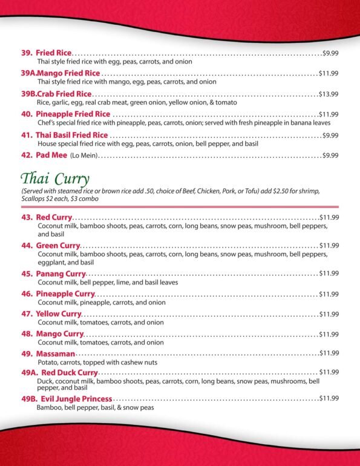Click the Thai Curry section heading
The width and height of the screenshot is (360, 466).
(55, 179)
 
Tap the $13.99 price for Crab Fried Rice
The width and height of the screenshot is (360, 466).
(329, 94)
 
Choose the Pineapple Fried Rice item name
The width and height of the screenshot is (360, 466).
(73, 114)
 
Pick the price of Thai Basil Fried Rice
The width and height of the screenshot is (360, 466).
(330, 135)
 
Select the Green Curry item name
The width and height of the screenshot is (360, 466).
(58, 246)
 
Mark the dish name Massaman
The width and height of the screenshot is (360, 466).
(55, 353)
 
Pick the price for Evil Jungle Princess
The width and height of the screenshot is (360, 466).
(329, 398)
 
